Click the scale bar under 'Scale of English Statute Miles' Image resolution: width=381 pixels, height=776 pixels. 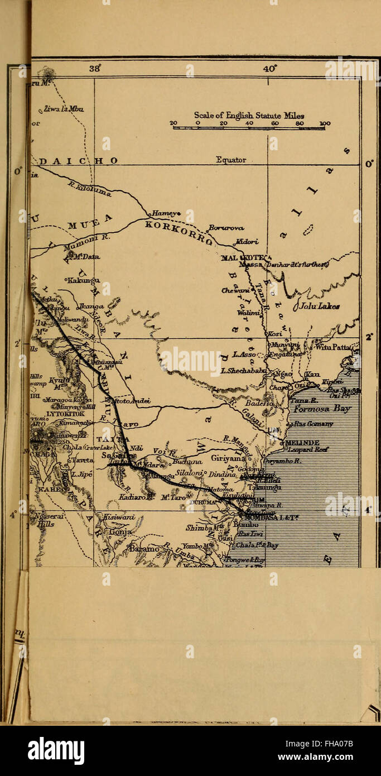pyautogui.click(x=249, y=128)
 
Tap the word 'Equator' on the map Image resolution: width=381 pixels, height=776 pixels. pyautogui.click(x=231, y=160)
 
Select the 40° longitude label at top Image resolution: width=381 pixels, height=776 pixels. pyautogui.click(x=270, y=69)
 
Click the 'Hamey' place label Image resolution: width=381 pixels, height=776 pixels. pyautogui.click(x=163, y=213)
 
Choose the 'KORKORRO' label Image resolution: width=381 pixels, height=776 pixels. pyautogui.click(x=178, y=231)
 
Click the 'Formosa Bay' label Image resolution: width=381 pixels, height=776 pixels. pyautogui.click(x=322, y=409)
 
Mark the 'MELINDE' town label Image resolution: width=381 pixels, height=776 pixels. pyautogui.click(x=303, y=442)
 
